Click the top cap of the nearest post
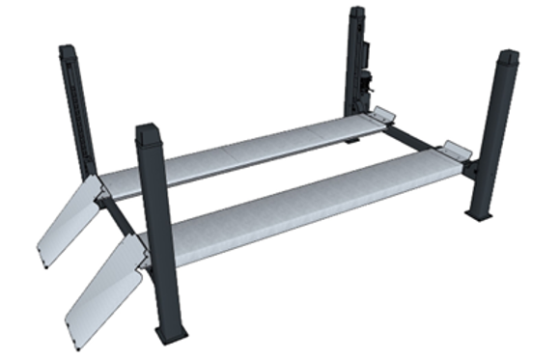click(x=150, y=131)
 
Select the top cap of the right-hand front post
click(x=508, y=57)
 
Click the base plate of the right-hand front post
click(x=478, y=214)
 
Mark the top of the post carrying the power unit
click(x=357, y=13)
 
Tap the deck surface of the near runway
click(x=299, y=204)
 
